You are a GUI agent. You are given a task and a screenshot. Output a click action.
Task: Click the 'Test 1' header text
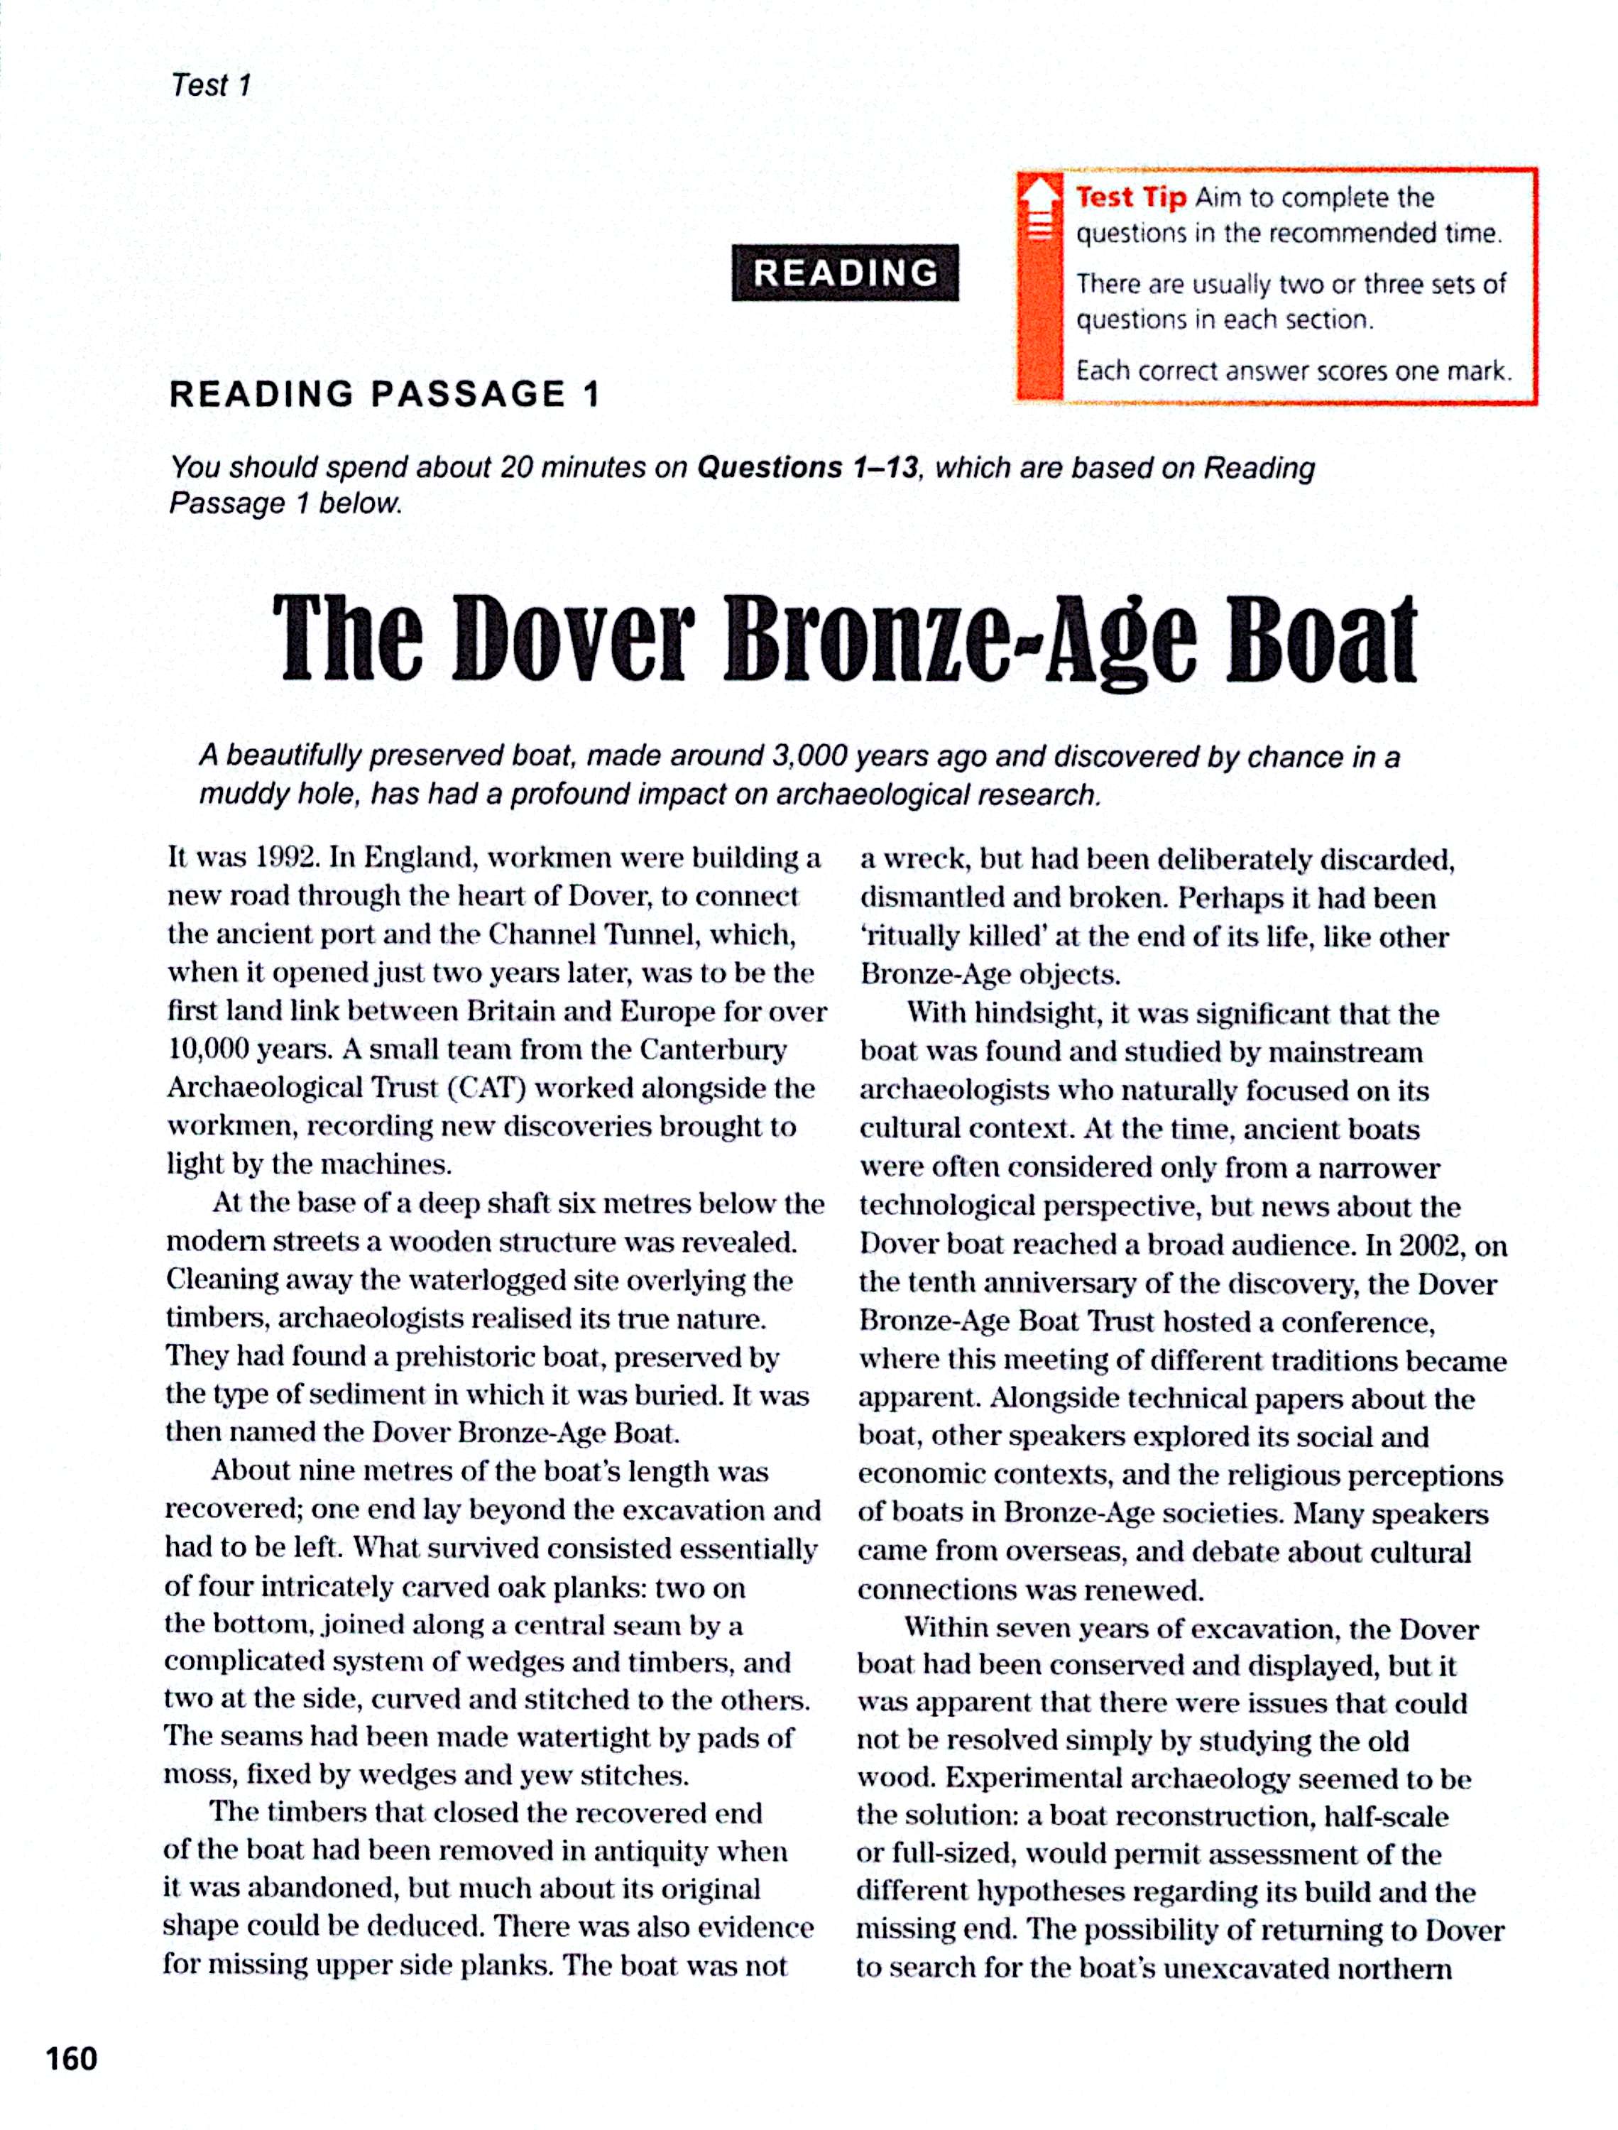tap(211, 86)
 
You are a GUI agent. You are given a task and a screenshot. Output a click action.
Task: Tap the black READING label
tap(845, 273)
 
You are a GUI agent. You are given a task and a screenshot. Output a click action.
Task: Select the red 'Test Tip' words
tap(1131, 197)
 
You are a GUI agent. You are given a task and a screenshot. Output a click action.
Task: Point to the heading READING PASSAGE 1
tap(384, 394)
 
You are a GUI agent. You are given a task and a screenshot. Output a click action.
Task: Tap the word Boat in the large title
tap(1321, 640)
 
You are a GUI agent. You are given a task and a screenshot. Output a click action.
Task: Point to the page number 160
tap(71, 2059)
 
